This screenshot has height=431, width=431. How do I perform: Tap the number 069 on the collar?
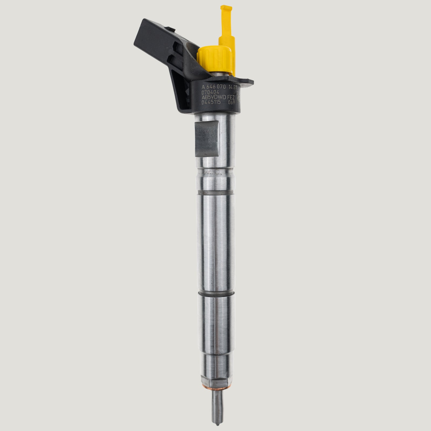pos(232,102)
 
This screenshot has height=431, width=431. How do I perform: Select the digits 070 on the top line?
pos(221,87)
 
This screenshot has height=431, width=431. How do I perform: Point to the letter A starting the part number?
pos(203,87)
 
